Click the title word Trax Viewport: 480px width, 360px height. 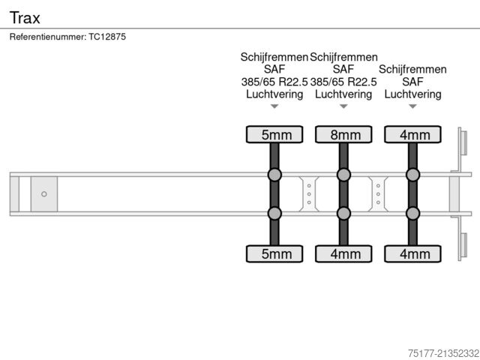[x=25, y=17]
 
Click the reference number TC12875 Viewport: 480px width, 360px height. [x=108, y=37]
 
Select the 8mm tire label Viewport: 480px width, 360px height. [x=343, y=135]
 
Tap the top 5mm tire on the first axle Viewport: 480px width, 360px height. [x=274, y=135]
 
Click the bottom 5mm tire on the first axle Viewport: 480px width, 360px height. [x=274, y=254]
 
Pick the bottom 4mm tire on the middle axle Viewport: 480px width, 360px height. [x=343, y=254]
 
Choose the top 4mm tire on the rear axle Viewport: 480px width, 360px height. [x=412, y=135]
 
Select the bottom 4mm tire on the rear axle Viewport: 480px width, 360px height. [x=412, y=254]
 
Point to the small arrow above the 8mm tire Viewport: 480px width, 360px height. [x=343, y=106]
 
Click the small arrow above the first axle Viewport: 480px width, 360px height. [x=274, y=106]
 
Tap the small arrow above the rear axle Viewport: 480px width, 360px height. [x=412, y=106]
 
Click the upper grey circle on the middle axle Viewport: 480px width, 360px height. [x=343, y=175]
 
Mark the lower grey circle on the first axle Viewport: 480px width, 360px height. [x=274, y=214]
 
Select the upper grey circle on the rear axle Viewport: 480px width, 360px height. [x=412, y=175]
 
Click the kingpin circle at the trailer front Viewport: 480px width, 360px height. [x=44, y=194]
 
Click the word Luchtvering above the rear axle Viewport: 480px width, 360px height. [x=412, y=94]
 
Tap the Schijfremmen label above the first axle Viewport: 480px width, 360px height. [x=274, y=57]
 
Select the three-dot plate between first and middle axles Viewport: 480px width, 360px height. [x=309, y=194]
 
